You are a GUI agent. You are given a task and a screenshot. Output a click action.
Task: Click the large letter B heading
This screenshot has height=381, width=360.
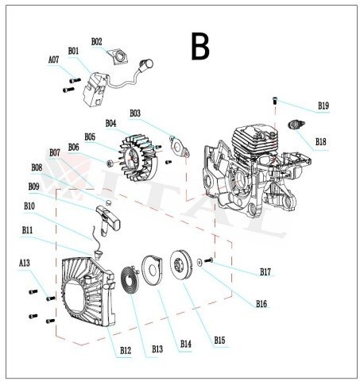coord(200,47)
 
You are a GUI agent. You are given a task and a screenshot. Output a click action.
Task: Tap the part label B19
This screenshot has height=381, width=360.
coord(323,106)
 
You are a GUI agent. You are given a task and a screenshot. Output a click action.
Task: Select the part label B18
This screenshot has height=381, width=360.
coord(320,141)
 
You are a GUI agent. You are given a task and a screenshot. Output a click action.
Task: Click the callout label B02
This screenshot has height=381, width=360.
coord(97,41)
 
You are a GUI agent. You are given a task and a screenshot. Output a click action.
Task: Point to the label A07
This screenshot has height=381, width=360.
coord(53,60)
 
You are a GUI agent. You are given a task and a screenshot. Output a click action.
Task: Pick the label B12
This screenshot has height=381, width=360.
coord(125,350)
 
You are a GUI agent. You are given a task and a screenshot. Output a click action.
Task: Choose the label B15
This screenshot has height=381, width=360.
coord(219,341)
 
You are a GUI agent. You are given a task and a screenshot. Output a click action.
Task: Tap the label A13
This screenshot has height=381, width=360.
coord(25,263)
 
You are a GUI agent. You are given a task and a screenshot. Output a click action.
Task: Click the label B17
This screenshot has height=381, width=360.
coord(265,272)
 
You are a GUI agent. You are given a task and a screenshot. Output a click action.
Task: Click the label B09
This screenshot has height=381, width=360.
coord(33,187)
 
